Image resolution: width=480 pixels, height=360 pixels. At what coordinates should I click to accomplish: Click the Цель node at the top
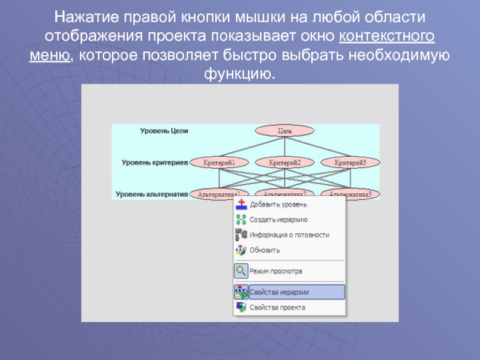(284, 130)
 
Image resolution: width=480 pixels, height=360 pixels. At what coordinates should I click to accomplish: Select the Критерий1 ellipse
(219, 162)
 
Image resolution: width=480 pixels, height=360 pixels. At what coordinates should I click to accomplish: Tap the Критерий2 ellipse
(284, 162)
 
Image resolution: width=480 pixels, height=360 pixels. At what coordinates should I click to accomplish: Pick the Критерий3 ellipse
(350, 162)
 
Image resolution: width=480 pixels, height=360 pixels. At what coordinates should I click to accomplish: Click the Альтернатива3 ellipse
(350, 193)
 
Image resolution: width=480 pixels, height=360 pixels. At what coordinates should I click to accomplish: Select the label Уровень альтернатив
(152, 194)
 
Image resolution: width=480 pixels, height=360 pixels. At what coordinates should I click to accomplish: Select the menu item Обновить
(265, 250)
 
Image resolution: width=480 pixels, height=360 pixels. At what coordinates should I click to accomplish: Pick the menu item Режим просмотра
(275, 271)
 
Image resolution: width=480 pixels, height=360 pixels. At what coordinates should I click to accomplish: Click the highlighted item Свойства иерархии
(279, 292)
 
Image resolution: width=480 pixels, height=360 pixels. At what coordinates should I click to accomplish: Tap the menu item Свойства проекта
(277, 307)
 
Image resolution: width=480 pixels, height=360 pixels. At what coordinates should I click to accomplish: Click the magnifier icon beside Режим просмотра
(241, 271)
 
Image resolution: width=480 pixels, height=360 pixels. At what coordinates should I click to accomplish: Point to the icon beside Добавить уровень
(241, 205)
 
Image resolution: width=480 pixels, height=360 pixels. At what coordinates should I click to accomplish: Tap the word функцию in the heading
(239, 76)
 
